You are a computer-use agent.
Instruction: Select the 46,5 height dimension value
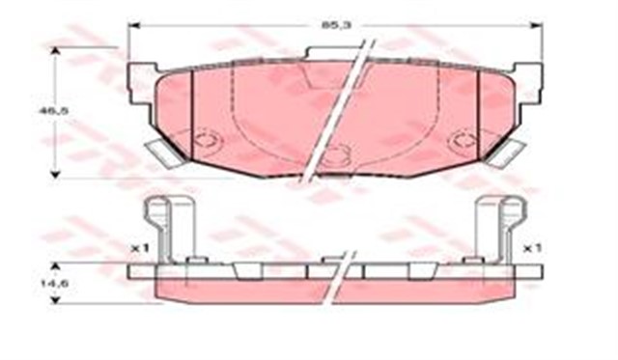tap(45, 112)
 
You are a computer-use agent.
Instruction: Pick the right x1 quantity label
tap(532, 248)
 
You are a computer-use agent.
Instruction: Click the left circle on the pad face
tap(206, 140)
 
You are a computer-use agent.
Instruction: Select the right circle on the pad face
tap(463, 141)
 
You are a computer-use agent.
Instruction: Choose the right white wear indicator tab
tap(506, 152)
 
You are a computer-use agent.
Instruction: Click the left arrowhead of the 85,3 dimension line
tap(133, 26)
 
